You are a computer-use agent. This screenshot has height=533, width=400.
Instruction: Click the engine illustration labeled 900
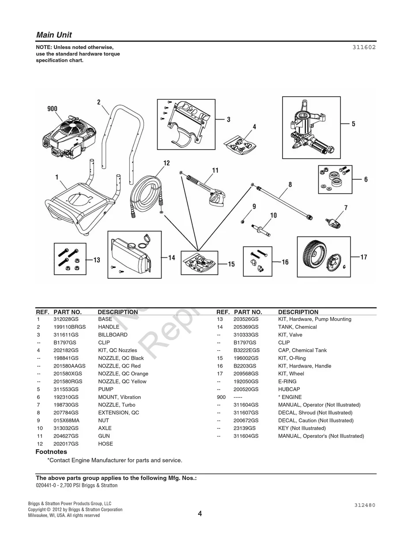point(68,137)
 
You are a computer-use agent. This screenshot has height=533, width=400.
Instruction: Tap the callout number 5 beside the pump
point(353,124)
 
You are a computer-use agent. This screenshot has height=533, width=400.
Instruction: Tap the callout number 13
point(96,260)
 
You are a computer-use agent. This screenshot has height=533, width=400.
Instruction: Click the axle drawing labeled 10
point(264,229)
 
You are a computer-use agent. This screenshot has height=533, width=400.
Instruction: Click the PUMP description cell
point(106,389)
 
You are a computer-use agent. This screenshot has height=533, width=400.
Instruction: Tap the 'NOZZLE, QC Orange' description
point(123,374)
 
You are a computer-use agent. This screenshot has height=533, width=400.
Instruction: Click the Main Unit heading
point(54,35)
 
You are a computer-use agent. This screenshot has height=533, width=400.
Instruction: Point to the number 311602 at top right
point(364,48)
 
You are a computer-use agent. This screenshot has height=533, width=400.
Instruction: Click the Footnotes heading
point(51,452)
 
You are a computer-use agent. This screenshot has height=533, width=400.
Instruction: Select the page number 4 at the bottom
point(200,513)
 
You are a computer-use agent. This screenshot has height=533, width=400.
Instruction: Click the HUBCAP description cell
point(290,389)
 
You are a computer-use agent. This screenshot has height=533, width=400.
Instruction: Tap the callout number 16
point(285,262)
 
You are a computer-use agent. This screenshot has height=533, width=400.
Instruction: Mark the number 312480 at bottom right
point(364,505)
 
